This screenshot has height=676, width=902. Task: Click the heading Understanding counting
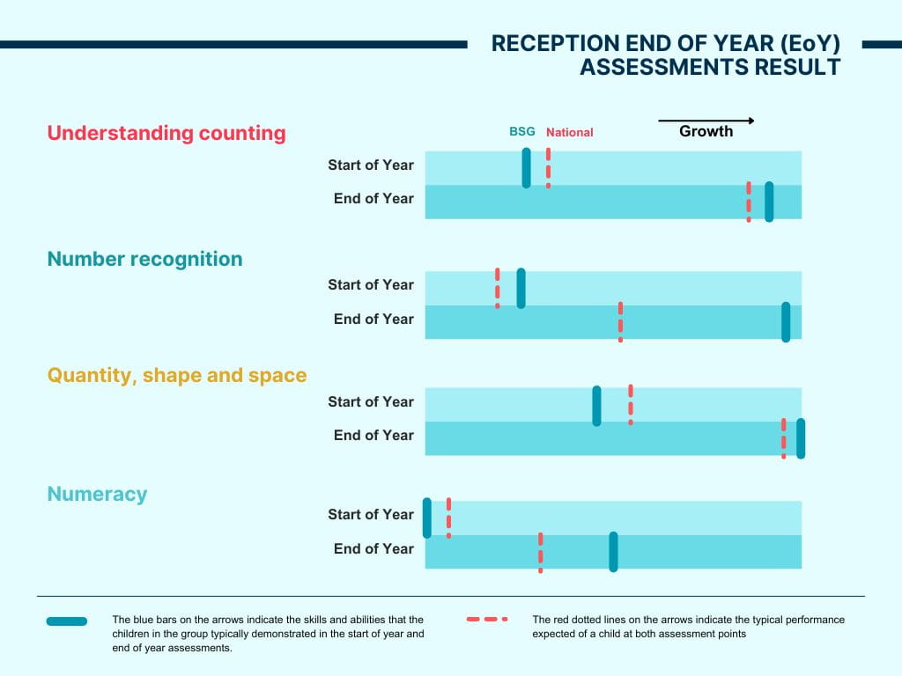(166, 133)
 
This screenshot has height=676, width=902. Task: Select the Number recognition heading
(144, 259)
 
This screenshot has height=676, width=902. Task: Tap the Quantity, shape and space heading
(177, 376)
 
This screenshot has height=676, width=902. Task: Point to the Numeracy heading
(97, 494)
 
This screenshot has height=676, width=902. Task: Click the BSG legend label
(522, 132)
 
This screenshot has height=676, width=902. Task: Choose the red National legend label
(569, 132)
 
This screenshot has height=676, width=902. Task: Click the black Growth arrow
(706, 121)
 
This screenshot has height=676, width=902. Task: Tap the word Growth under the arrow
(706, 132)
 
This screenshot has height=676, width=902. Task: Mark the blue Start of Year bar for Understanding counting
(527, 167)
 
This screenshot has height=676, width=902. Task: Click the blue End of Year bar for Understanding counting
(769, 202)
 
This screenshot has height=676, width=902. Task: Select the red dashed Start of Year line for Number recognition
(498, 288)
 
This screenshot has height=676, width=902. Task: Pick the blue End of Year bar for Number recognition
(786, 322)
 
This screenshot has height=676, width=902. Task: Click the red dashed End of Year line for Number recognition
(620, 322)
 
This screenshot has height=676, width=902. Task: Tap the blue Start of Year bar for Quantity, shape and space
(596, 406)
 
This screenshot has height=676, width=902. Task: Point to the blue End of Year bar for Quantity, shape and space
(801, 438)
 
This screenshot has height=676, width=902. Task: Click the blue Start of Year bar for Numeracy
(427, 518)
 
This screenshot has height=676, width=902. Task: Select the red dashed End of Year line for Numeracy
(540, 552)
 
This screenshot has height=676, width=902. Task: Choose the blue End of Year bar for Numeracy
(613, 552)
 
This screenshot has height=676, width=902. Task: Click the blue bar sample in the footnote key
(67, 621)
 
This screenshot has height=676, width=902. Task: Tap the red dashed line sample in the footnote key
(487, 620)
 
